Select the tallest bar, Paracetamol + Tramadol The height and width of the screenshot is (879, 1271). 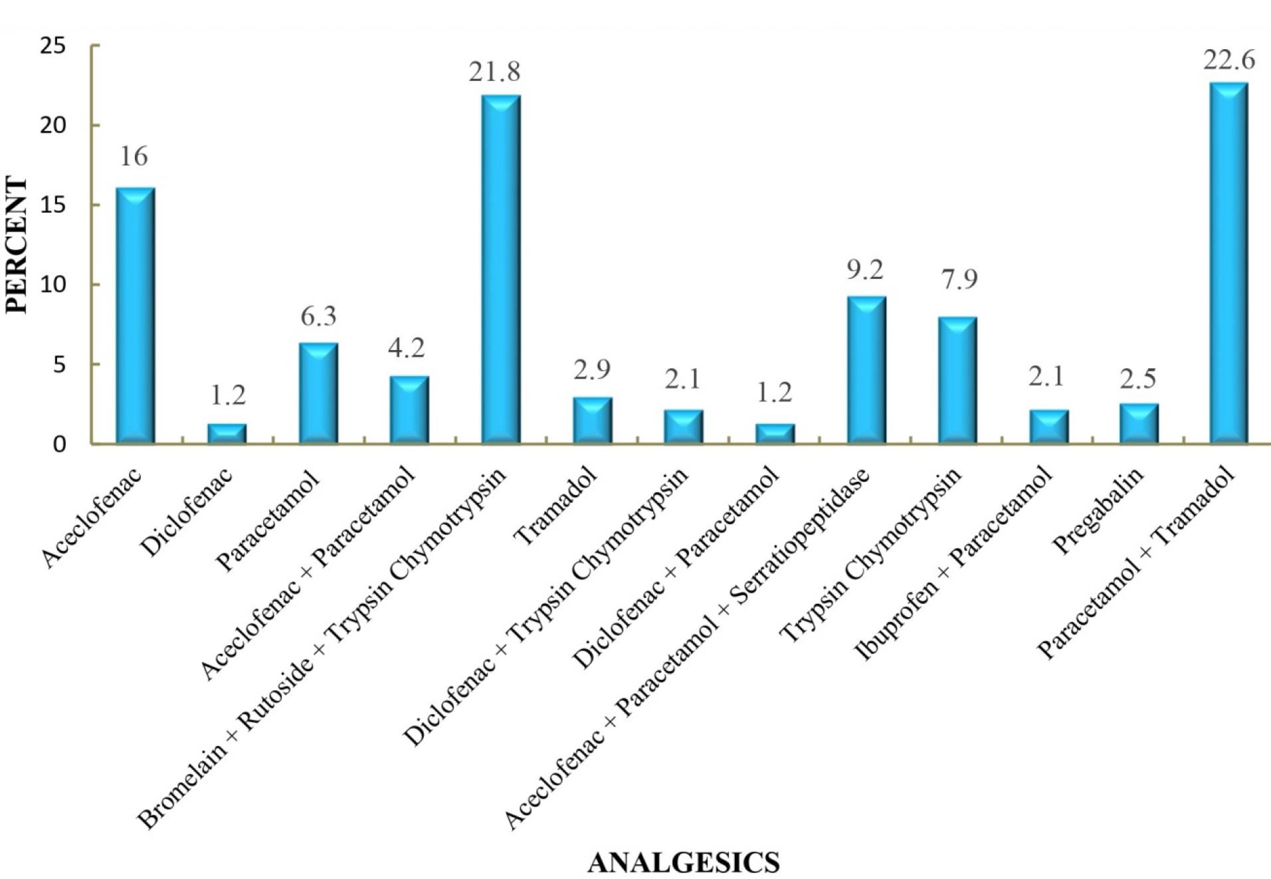[1228, 263]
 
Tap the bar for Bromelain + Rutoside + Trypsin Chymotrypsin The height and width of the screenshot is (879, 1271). [500, 269]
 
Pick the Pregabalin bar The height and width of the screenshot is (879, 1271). [1138, 423]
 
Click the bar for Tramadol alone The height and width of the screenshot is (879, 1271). [592, 420]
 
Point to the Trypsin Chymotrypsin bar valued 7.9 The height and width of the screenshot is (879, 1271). [957, 380]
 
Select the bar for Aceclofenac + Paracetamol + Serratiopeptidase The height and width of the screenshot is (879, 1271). [866, 370]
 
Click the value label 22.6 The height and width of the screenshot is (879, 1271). [1228, 61]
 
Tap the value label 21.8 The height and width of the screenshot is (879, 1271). [494, 72]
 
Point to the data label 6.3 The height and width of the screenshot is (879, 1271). [318, 317]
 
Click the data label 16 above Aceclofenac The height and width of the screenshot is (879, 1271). [134, 157]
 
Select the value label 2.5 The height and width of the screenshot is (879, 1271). [1138, 378]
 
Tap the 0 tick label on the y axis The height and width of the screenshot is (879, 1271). [60, 444]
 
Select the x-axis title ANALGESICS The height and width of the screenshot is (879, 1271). [683, 862]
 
